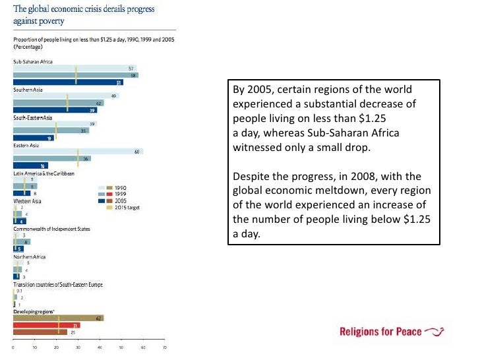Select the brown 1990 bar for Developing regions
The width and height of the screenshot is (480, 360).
coord(58,318)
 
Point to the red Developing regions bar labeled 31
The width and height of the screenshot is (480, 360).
coord(47,325)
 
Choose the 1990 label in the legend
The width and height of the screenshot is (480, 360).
coord(121,187)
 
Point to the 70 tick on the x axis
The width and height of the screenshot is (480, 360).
coord(165,347)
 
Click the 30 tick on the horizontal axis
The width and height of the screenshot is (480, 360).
coord(78,347)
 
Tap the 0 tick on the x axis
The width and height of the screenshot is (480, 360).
coord(14,347)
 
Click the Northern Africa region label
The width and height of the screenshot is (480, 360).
coord(30,256)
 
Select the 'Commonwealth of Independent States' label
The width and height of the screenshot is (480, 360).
coord(52,229)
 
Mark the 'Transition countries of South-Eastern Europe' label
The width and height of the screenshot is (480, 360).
coord(58,284)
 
